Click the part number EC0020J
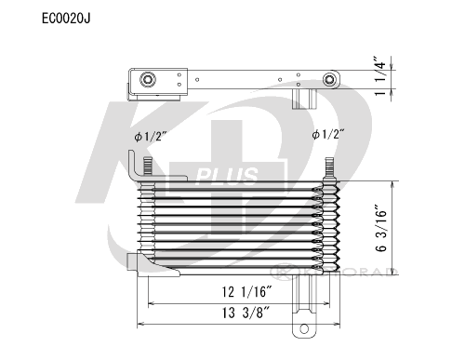pos(66,19)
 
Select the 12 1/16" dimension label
pos(247,292)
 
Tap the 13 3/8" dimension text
pos(247,313)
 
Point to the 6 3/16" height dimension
pos(381,228)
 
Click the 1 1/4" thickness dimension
pos(381,76)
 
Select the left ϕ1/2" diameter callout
pos(151,136)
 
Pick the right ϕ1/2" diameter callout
pos(328,134)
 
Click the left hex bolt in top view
pos(148,80)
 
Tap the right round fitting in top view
pos(329,80)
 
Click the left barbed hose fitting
pos(147,166)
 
